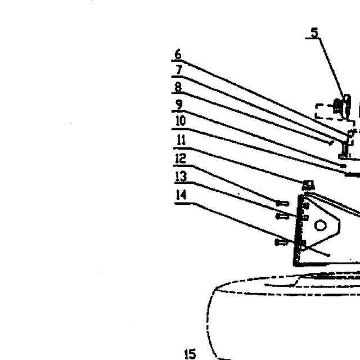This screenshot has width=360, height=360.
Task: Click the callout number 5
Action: click(x=315, y=33)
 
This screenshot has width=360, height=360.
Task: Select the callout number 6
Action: click(x=178, y=54)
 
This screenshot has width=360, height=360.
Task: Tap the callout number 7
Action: click(x=179, y=70)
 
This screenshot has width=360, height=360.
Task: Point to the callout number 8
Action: click(x=178, y=87)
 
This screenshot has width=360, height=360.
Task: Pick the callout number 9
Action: click(x=179, y=105)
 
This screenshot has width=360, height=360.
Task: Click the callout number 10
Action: click(x=181, y=121)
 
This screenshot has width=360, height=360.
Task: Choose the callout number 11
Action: click(x=181, y=140)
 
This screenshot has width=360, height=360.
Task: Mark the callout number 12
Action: click(x=181, y=158)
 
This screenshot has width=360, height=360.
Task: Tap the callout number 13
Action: click(x=181, y=177)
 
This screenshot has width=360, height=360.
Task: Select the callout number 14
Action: click(x=181, y=195)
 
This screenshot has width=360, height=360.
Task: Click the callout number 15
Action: click(x=190, y=354)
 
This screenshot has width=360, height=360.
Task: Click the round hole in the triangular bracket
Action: click(x=321, y=225)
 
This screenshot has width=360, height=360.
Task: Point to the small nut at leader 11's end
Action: click(x=308, y=185)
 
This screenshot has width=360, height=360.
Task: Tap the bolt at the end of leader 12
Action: click(x=282, y=204)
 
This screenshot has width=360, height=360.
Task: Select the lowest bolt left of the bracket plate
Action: click(x=281, y=242)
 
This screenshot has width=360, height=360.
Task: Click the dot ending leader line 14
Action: click(x=328, y=255)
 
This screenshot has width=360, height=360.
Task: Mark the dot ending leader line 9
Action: click(x=343, y=166)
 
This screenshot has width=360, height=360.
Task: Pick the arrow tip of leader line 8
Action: click(x=331, y=144)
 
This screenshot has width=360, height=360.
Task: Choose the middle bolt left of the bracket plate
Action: click(x=282, y=216)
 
